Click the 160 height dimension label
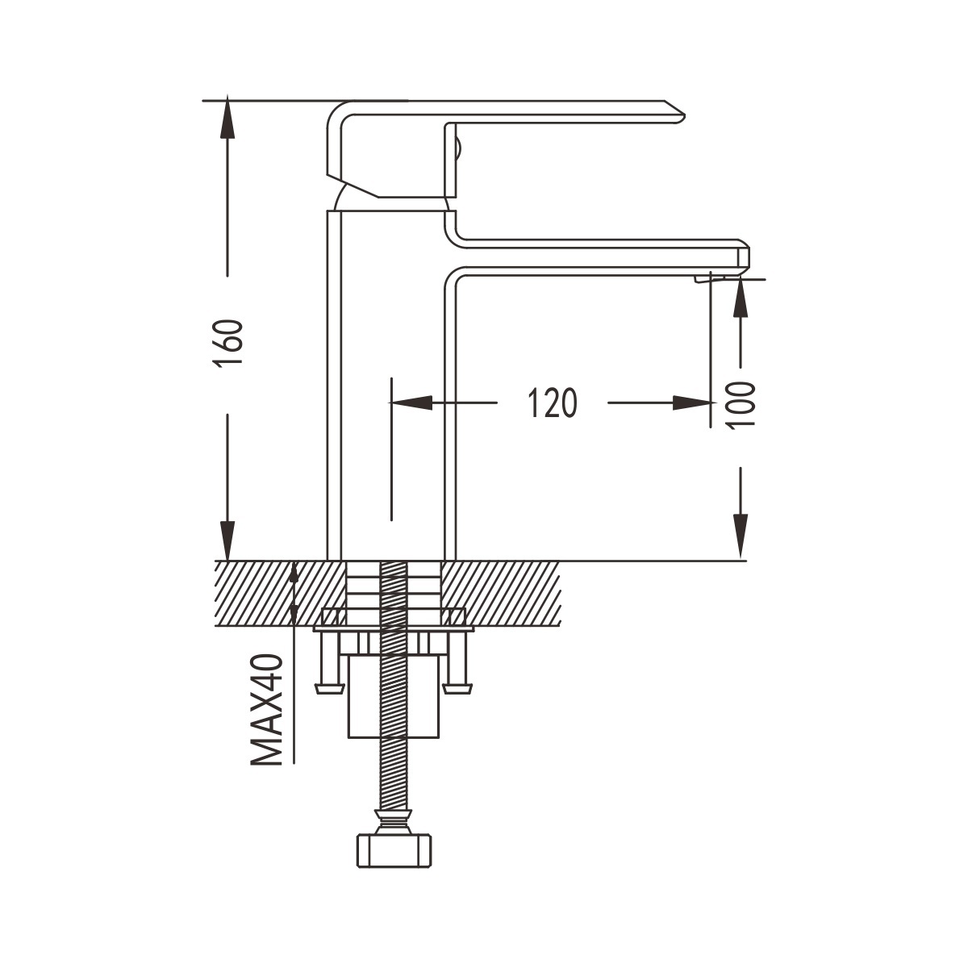(228, 344)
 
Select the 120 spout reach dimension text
(553, 403)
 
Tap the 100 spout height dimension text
(741, 404)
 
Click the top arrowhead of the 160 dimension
(227, 115)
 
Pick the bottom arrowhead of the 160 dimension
(227, 540)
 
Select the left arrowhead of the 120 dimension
(411, 403)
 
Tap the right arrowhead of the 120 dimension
(694, 403)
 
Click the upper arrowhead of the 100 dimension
(741, 298)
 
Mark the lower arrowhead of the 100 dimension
(741, 536)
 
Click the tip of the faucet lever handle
(684, 115)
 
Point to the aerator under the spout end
(709, 279)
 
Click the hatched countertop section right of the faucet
(500, 593)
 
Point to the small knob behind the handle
(457, 148)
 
